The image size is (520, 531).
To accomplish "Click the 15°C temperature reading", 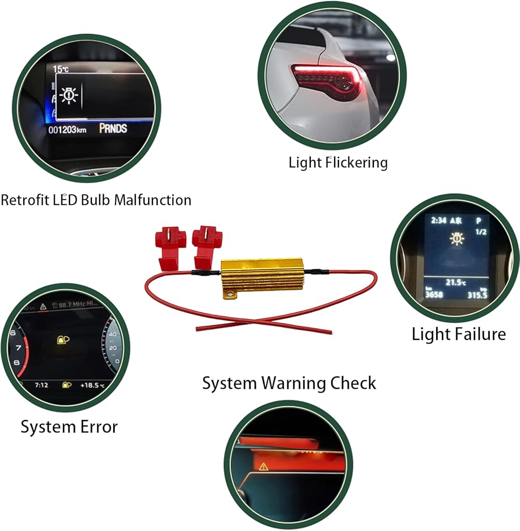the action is click(x=61, y=69).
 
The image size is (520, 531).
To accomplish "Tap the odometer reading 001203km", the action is click(x=67, y=130).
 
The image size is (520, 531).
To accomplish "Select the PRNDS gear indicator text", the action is click(x=113, y=129).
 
